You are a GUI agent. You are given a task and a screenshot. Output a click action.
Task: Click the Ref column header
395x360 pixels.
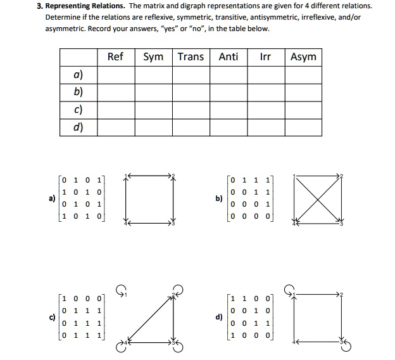[x=115, y=57]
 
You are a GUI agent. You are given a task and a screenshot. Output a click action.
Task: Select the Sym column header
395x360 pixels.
[x=154, y=57]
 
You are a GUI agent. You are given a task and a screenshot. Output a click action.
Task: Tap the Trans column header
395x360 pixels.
[x=191, y=57]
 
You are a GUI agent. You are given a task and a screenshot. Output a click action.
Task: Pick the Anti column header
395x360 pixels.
[x=229, y=57]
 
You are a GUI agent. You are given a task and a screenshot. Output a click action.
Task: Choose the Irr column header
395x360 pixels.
[x=266, y=57]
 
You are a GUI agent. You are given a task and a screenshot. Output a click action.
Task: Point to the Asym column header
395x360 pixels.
[x=303, y=57]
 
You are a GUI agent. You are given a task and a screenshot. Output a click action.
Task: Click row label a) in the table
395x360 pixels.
[x=78, y=75]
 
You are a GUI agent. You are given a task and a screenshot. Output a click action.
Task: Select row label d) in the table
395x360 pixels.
[x=78, y=127]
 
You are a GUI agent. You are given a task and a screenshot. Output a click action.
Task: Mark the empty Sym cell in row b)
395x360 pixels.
[x=154, y=93]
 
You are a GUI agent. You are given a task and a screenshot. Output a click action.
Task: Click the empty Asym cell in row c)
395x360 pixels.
[x=303, y=110]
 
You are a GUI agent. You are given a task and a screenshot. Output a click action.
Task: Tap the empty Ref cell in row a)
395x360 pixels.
[x=115, y=75]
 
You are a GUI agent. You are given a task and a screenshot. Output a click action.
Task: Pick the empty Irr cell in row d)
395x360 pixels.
[x=266, y=127]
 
